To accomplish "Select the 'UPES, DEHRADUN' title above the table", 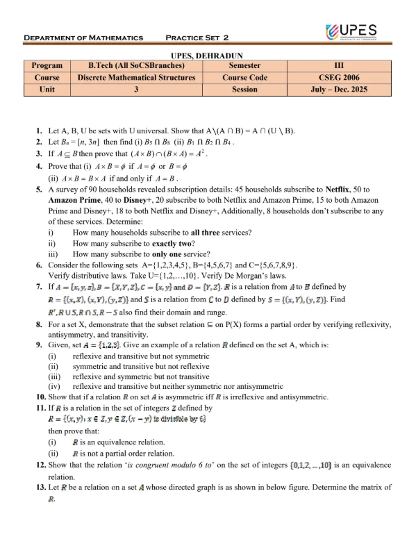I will (207, 56).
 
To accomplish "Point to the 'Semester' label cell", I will (244, 67).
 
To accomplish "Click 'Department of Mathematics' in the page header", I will (83, 37).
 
